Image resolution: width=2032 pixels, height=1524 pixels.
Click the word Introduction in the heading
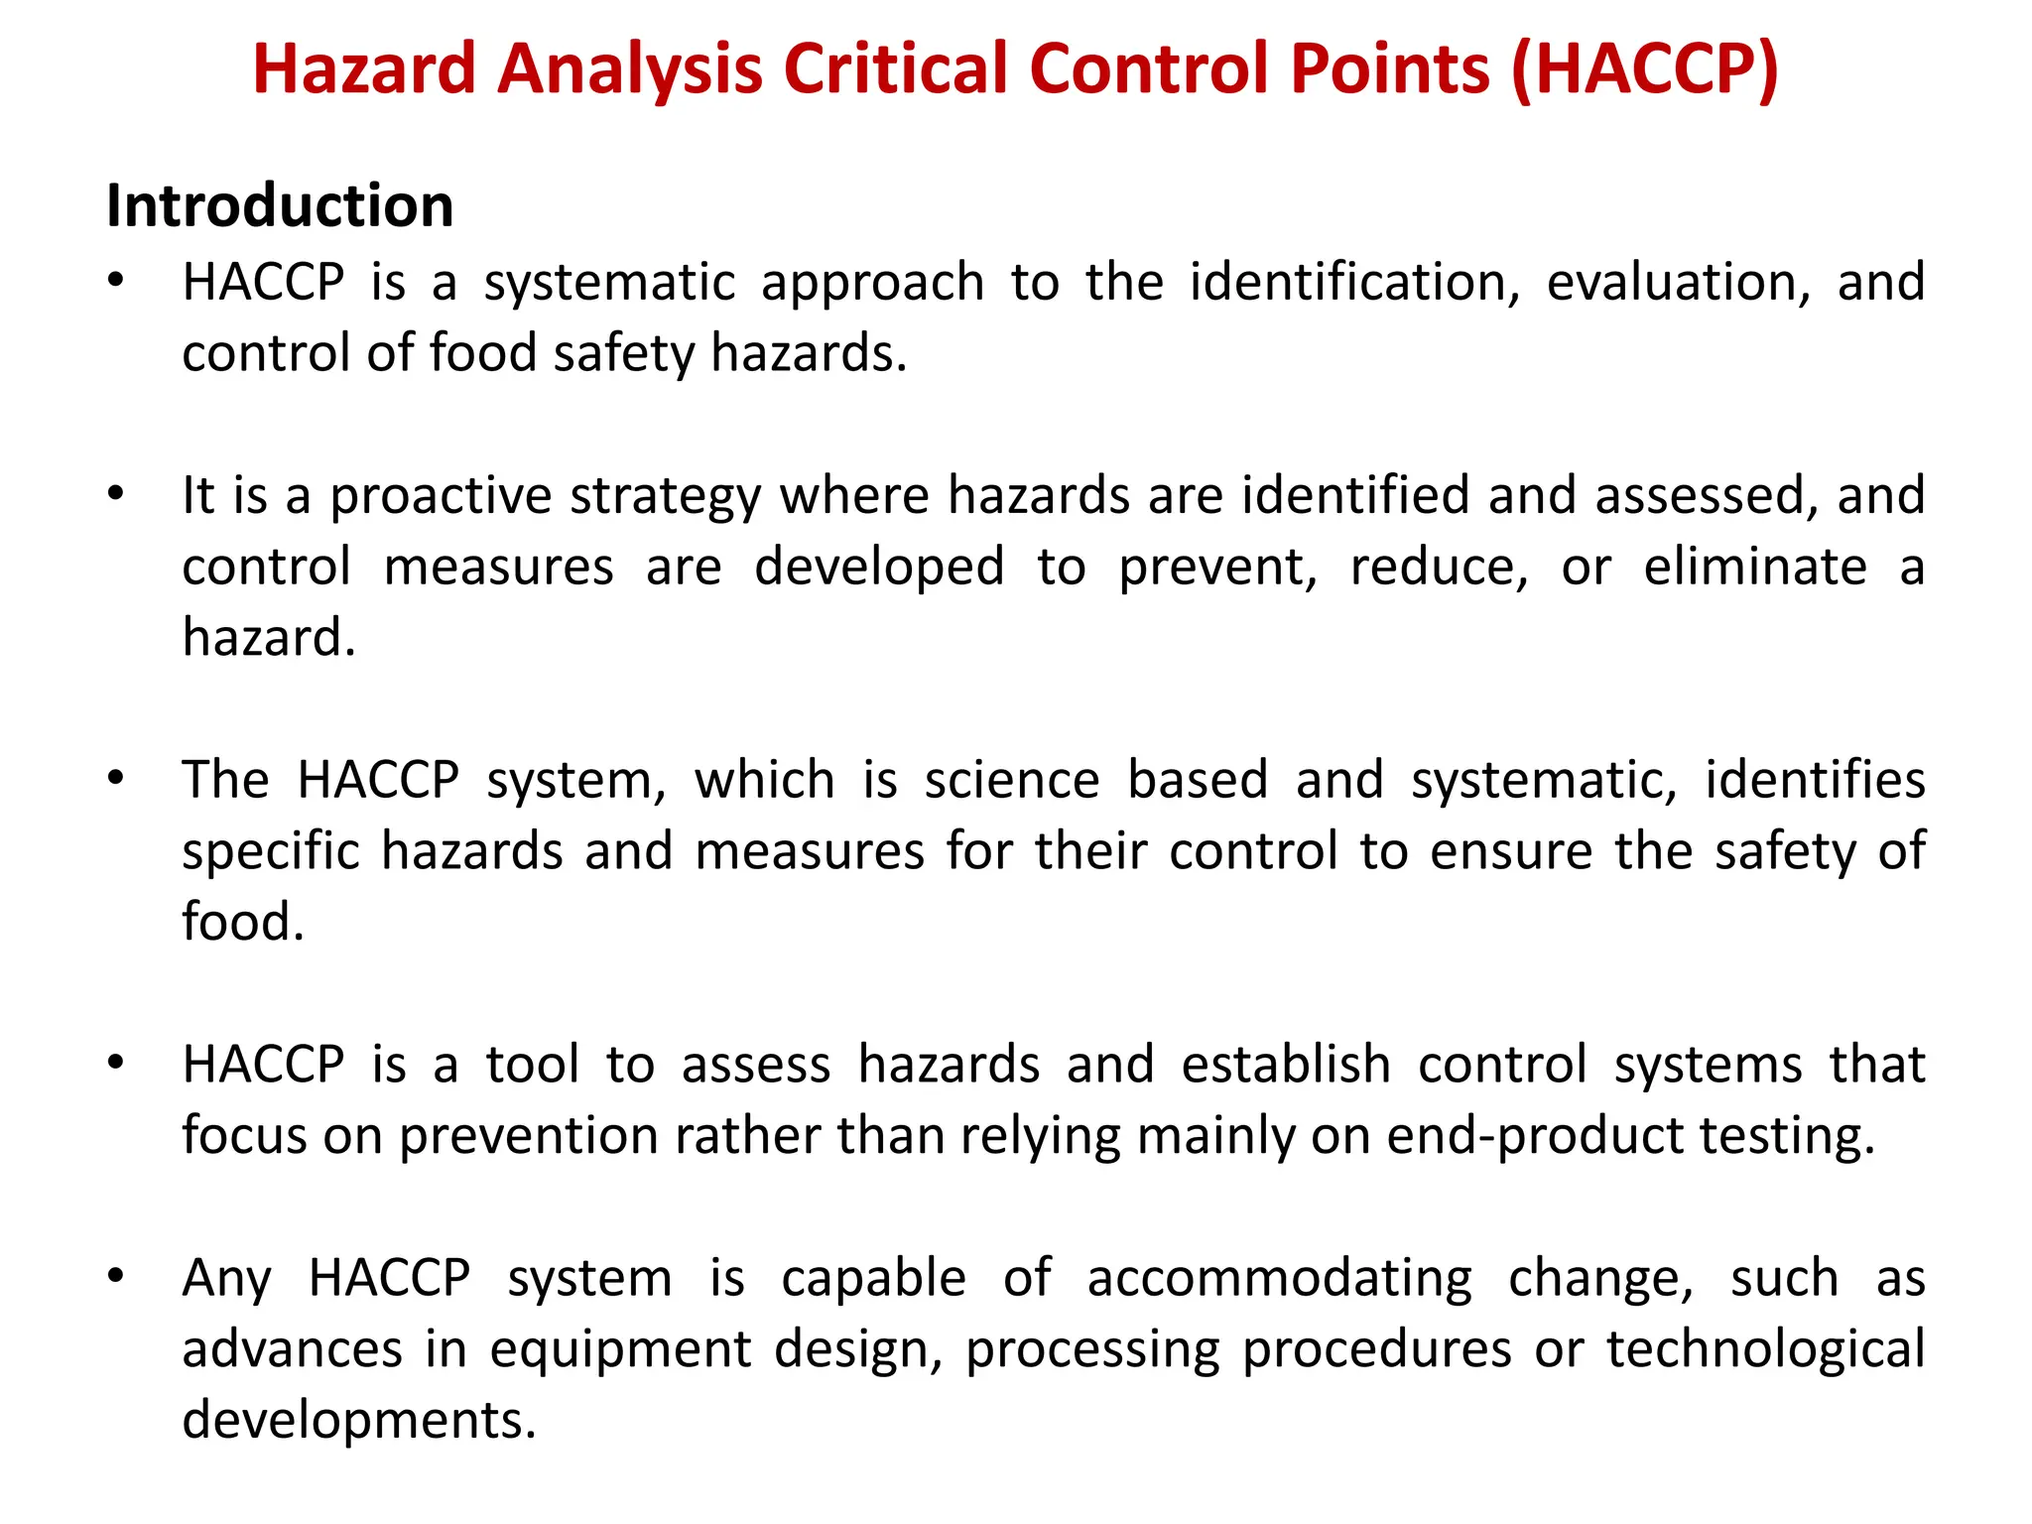[280, 206]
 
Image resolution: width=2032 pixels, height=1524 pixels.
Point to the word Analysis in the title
[630, 69]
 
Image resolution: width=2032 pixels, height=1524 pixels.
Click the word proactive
[440, 496]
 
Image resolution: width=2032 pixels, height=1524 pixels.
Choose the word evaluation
[1678, 283]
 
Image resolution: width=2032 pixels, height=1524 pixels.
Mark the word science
[1012, 780]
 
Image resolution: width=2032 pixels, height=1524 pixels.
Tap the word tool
[532, 1065]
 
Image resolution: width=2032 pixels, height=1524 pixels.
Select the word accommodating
[1279, 1279]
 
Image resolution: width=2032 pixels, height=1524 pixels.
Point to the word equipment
[620, 1350]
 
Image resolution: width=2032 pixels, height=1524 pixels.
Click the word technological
[1765, 1350]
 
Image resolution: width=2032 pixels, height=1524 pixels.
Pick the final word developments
[358, 1420]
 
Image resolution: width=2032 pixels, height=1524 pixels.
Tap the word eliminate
[1754, 568]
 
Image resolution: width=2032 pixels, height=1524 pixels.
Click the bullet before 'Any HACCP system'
[116, 1276]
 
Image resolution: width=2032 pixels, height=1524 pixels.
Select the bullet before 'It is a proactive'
[116, 493]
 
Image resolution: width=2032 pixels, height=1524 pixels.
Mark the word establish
[1286, 1065]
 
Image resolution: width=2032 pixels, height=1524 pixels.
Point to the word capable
[873, 1279]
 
